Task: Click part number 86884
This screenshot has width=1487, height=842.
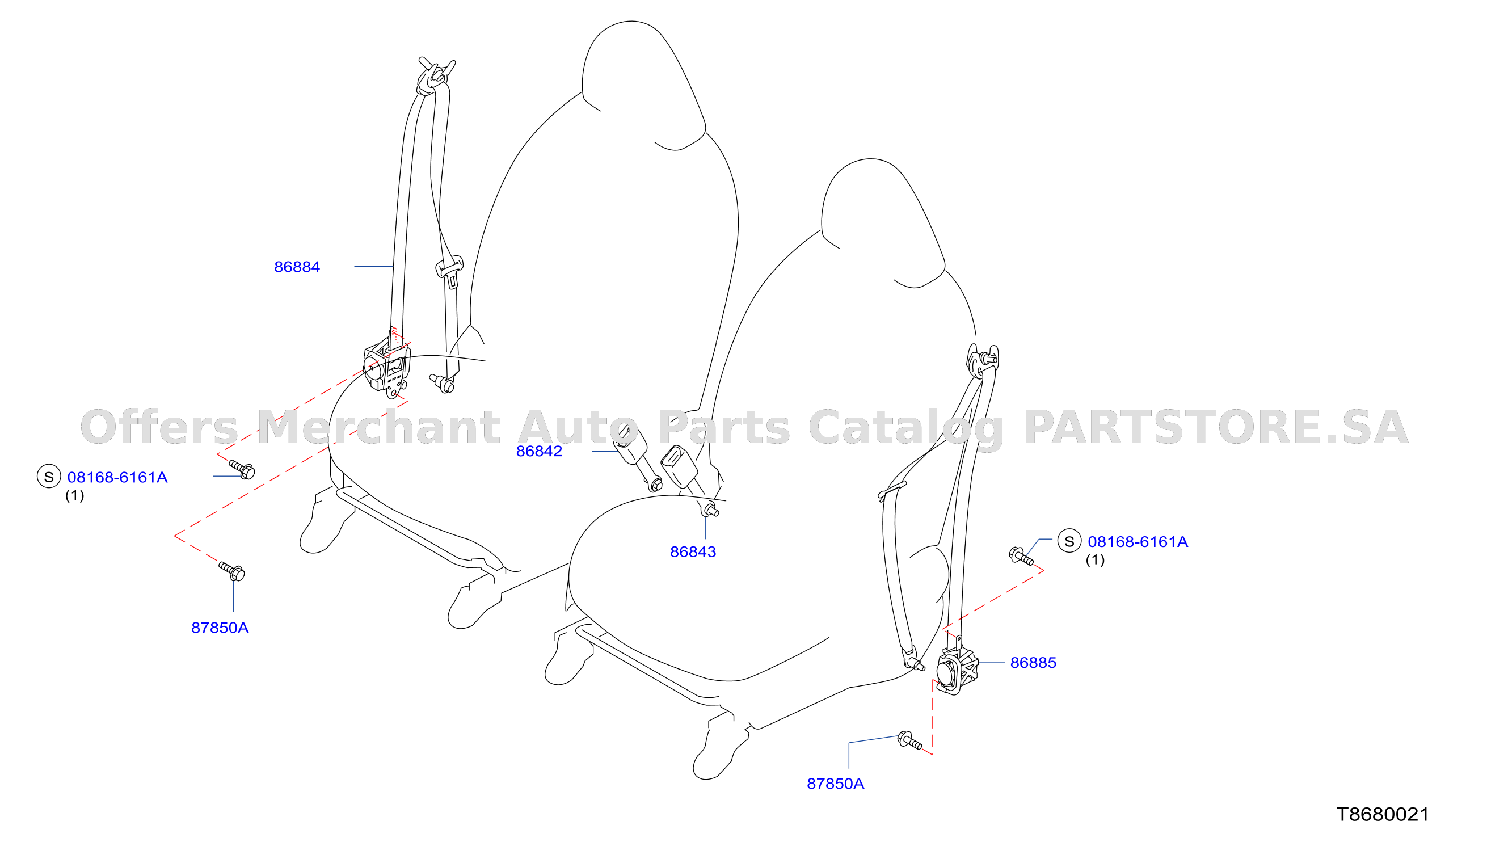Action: point(297,267)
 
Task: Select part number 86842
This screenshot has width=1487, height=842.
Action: point(539,451)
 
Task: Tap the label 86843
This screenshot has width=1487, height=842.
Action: point(693,551)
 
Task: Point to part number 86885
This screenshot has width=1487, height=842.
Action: point(1033,663)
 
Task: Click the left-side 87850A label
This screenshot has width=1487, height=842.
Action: point(220,628)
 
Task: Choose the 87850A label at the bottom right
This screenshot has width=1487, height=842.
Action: point(835,784)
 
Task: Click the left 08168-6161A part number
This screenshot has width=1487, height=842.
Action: point(117,477)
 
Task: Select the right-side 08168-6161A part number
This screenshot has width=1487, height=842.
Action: point(1137,541)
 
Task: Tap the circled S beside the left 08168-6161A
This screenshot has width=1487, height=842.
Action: point(49,477)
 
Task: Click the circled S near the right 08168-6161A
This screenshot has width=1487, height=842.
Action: point(1069,541)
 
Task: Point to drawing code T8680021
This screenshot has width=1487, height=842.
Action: point(1383,814)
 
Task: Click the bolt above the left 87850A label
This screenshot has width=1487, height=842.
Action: point(232,570)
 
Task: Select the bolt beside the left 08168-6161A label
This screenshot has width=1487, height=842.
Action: point(242,469)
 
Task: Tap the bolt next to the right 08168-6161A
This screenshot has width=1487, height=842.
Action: point(1021,556)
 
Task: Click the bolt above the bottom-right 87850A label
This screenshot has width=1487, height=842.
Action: point(909,740)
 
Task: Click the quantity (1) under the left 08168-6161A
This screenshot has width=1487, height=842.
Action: point(74,495)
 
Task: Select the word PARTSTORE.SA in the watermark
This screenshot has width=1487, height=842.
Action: point(1215,427)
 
